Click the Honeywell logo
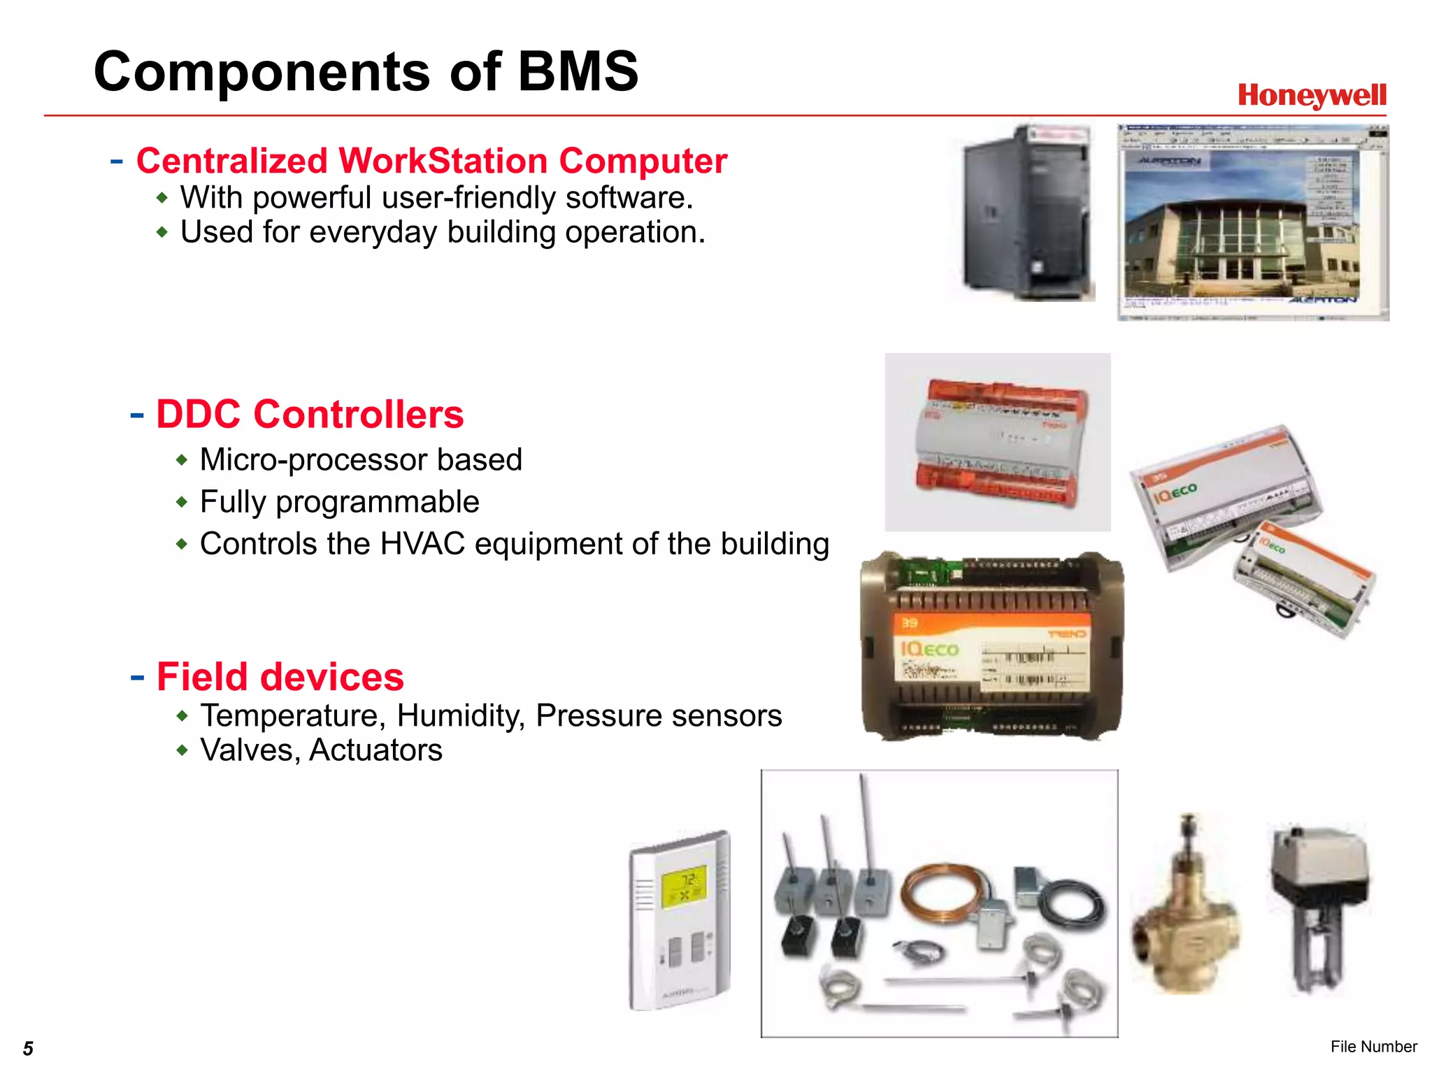pyautogui.click(x=1312, y=96)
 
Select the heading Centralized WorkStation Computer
pyautogui.click(x=431, y=161)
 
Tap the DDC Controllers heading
pyautogui.click(x=309, y=414)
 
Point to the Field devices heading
pyautogui.click(x=280, y=677)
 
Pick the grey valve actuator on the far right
pyautogui.click(x=1318, y=902)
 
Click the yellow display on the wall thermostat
pyautogui.click(x=684, y=887)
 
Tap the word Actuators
pyautogui.click(x=375, y=750)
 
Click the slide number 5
pyautogui.click(x=28, y=1048)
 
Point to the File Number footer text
pyautogui.click(x=1373, y=1047)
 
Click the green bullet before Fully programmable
pyautogui.click(x=182, y=502)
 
